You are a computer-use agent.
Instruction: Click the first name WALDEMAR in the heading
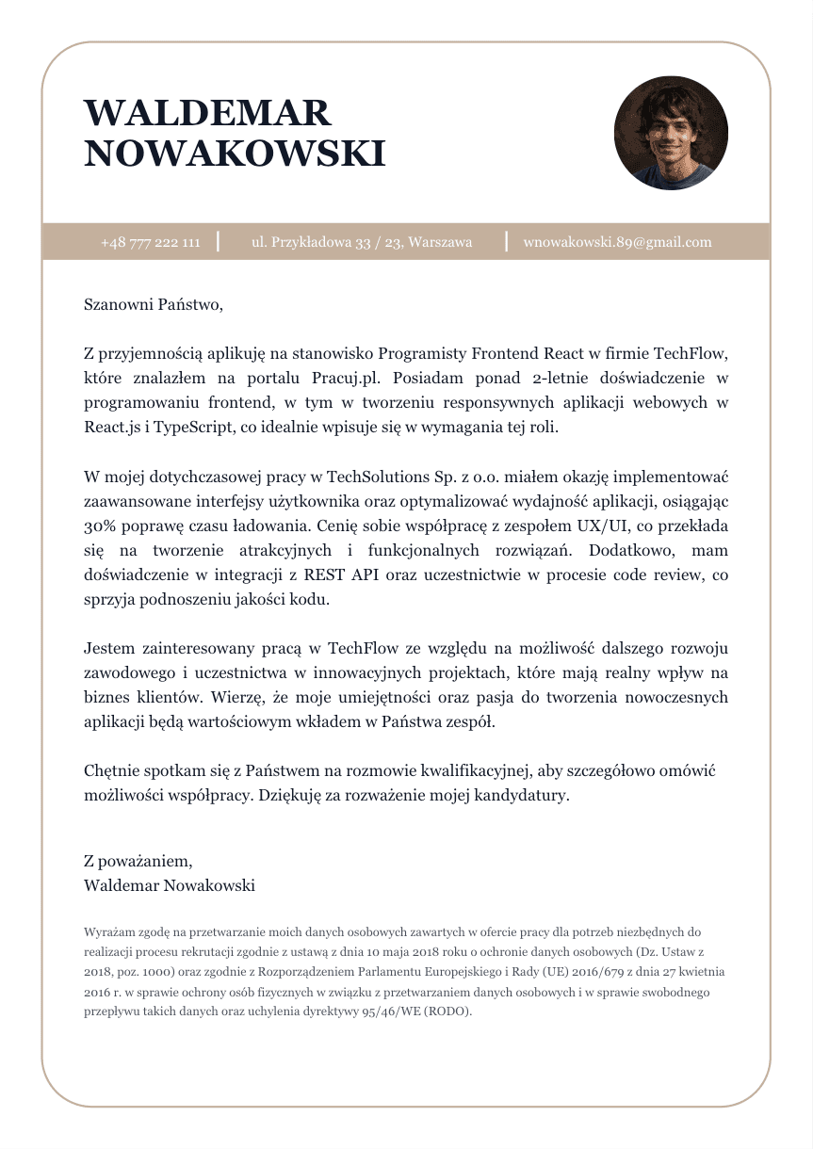(207, 113)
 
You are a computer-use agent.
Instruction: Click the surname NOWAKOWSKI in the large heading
(235, 154)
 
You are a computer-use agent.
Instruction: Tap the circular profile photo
(671, 133)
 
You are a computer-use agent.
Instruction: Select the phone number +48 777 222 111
(151, 242)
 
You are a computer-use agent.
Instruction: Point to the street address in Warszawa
(362, 242)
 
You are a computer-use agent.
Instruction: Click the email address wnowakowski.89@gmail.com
(617, 242)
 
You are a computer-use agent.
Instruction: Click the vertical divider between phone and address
(219, 242)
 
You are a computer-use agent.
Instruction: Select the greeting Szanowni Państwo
(154, 304)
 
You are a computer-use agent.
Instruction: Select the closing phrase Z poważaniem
(138, 861)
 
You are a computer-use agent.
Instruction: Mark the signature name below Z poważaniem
(169, 885)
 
